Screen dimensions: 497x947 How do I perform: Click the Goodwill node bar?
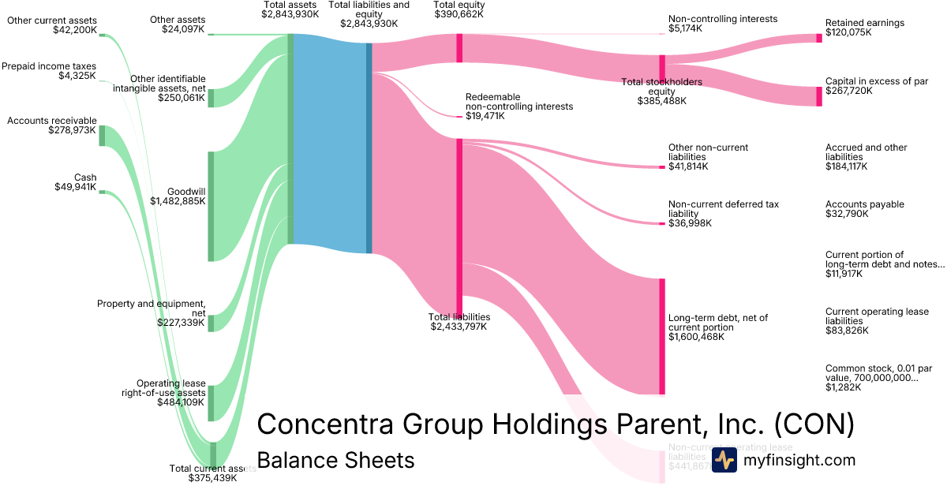[211, 206]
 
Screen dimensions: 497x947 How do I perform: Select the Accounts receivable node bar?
[102, 135]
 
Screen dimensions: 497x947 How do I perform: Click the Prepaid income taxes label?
[48, 71]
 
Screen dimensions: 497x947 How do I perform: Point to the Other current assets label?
[52, 25]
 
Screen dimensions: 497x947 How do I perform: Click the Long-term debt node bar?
[662, 336]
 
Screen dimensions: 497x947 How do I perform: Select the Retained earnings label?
[865, 28]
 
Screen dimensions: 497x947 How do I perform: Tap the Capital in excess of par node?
[818, 96]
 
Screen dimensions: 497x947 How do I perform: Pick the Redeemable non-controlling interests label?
[518, 106]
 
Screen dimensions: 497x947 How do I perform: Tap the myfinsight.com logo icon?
[724, 460]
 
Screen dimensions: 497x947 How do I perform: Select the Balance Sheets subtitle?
[335, 460]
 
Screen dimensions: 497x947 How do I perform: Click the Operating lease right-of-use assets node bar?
[211, 403]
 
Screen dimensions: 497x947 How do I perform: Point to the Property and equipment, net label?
[152, 308]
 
